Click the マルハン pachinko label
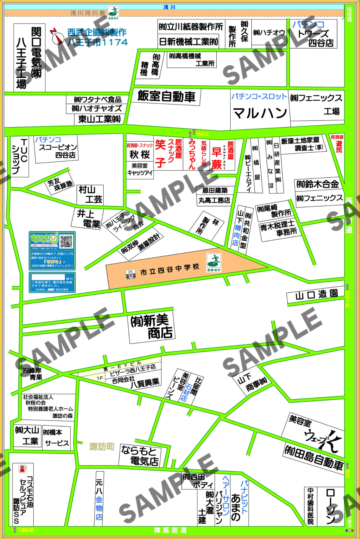pyautogui.click(x=260, y=113)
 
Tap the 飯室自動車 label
pyautogui.click(x=166, y=96)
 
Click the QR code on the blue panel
pyautogui.click(x=66, y=241)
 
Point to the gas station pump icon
pyautogui.click(x=23, y=469)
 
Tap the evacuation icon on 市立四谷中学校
pyautogui.click(x=214, y=261)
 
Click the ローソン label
pyautogui.click(x=331, y=506)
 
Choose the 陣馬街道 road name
pyautogui.click(x=170, y=530)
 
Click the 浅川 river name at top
pyautogui.click(x=169, y=7)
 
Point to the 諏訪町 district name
pyautogui.click(x=102, y=446)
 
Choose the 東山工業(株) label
pyautogui.click(x=99, y=119)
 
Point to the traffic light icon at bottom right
pyautogui.click(x=349, y=531)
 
